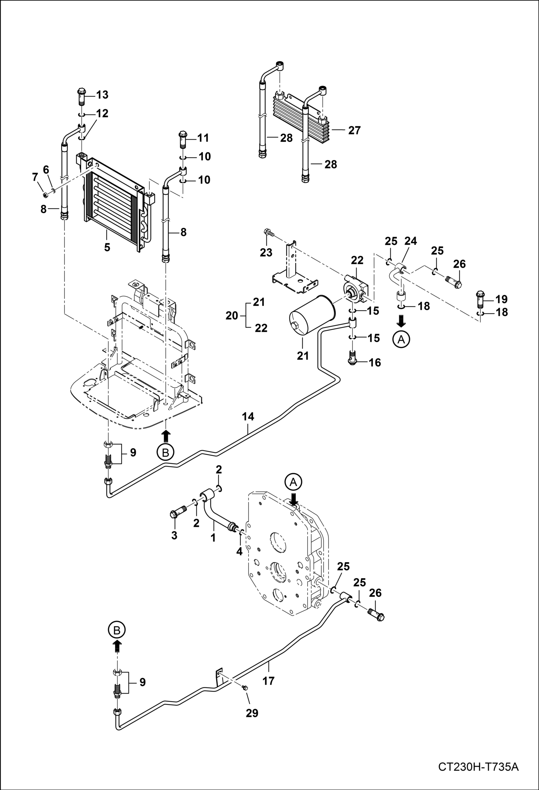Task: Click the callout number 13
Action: point(102,95)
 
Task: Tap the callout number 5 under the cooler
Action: point(107,248)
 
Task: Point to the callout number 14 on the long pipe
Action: point(248,417)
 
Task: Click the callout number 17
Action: point(268,681)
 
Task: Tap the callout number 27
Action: point(354,130)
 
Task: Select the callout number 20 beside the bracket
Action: point(232,315)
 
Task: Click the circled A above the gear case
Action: point(293,482)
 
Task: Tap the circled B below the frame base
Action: point(165,453)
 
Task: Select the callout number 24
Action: point(411,241)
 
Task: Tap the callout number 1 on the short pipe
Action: point(213,538)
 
